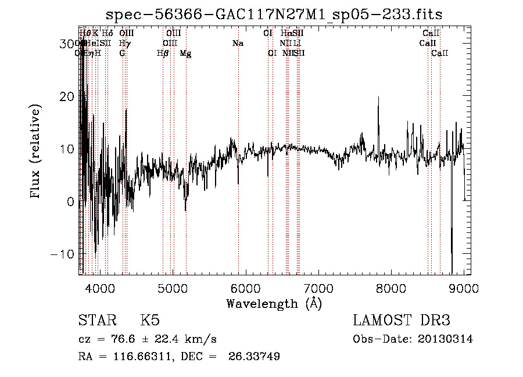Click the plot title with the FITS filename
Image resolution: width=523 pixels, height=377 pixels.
pos(279,15)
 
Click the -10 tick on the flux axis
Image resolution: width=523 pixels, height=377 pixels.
pos(66,254)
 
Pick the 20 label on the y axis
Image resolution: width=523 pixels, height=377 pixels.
pos(68,96)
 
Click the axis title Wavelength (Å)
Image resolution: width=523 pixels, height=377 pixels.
pos(273,303)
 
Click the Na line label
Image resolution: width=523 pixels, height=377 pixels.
pos(237,43)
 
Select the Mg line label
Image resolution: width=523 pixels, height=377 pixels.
pos(185,53)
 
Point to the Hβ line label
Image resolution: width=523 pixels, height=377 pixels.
pos(163,53)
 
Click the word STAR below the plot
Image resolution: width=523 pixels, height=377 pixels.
pos(96,321)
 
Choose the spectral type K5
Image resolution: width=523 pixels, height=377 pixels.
pos(150,321)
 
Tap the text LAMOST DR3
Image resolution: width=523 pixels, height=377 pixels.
pos(401,321)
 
